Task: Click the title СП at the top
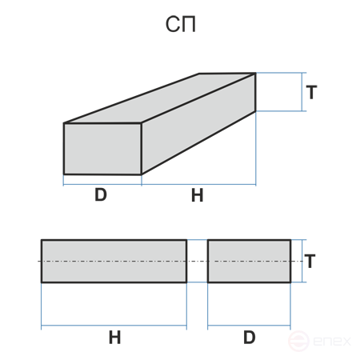[181, 24]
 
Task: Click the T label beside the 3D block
[311, 92]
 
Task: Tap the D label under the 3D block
[101, 194]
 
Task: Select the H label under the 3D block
[198, 195]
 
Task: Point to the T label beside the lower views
[310, 261]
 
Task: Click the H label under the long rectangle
[115, 338]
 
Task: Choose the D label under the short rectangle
[250, 338]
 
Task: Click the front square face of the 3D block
[102, 149]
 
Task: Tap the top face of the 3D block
[160, 98]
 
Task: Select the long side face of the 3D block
[198, 124]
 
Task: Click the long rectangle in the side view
[114, 261]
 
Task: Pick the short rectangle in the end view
[249, 261]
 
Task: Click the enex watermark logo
[319, 341]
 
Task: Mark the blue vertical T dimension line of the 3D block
[302, 92]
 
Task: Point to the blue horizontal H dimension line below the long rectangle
[114, 326]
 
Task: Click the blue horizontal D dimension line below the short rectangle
[249, 326]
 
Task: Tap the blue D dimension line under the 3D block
[102, 184]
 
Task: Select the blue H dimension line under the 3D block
[198, 184]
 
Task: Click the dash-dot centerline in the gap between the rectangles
[198, 261]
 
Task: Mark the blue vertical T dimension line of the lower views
[302, 261]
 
